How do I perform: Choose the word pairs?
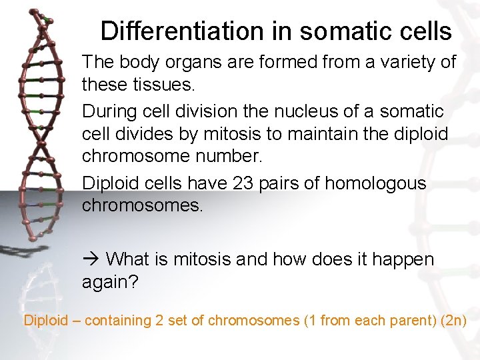[289, 183]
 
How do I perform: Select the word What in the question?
[130, 259]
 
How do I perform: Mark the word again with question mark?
[110, 282]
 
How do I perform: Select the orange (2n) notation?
[453, 321]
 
